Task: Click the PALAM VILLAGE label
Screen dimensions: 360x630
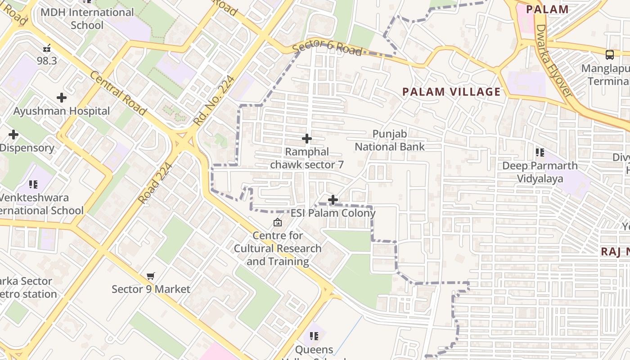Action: tap(451, 92)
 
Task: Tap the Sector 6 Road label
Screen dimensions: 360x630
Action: tap(327, 49)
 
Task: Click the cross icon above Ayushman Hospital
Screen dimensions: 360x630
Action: tap(62, 97)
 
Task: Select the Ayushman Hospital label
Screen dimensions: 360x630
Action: tap(62, 111)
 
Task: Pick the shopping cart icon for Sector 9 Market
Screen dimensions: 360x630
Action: tap(151, 276)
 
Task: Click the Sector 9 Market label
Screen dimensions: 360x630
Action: tap(151, 289)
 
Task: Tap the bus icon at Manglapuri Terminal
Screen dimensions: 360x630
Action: tap(610, 55)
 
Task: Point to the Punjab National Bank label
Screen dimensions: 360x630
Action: tap(390, 140)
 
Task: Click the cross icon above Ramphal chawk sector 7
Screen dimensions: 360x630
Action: tap(307, 139)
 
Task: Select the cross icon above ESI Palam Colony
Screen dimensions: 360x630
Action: tap(333, 199)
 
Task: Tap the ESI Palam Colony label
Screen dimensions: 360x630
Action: tap(333, 213)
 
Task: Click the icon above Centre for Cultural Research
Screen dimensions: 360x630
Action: tap(278, 222)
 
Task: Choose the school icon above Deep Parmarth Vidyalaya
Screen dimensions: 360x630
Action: tap(540, 153)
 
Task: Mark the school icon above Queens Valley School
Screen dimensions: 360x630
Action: tap(314, 336)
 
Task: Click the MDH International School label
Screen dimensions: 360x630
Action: tap(87, 18)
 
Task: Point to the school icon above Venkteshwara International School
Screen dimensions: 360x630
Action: tap(33, 184)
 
